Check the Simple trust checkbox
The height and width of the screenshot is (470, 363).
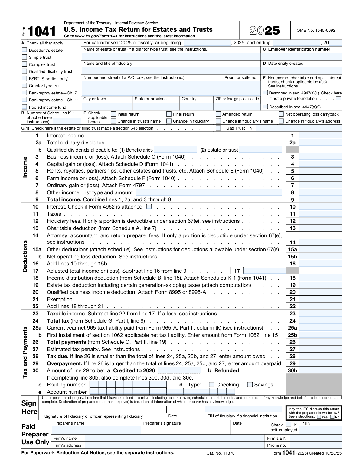coord(24,57)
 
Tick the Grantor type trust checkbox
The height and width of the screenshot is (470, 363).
coord(24,86)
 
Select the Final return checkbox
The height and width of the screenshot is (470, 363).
coord(169,114)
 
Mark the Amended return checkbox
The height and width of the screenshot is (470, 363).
coord(218,114)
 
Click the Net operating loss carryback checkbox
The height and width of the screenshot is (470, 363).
coord(281,114)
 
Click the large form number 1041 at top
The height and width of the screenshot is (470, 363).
coord(42,31)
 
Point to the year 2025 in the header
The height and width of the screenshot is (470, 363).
coord(265,31)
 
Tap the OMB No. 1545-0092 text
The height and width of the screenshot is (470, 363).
coord(316,30)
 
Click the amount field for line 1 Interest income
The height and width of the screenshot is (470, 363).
coord(320,136)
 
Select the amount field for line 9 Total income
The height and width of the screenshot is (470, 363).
coord(320,200)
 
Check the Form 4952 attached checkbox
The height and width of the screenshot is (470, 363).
coord(149,207)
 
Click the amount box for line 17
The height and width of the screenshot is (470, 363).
coord(264,271)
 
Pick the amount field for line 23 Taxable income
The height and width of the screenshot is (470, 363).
coord(320,314)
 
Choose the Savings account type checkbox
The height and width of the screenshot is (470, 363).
coord(250,385)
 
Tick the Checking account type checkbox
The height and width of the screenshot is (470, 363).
coord(212,385)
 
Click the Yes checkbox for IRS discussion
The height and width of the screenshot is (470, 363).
coord(319,417)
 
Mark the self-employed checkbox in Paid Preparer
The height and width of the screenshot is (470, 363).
coord(289,425)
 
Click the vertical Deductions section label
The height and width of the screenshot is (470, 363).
coord(25,256)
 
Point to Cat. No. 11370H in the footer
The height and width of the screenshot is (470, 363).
coord(222,453)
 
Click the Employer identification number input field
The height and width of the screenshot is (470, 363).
coord(301,57)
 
